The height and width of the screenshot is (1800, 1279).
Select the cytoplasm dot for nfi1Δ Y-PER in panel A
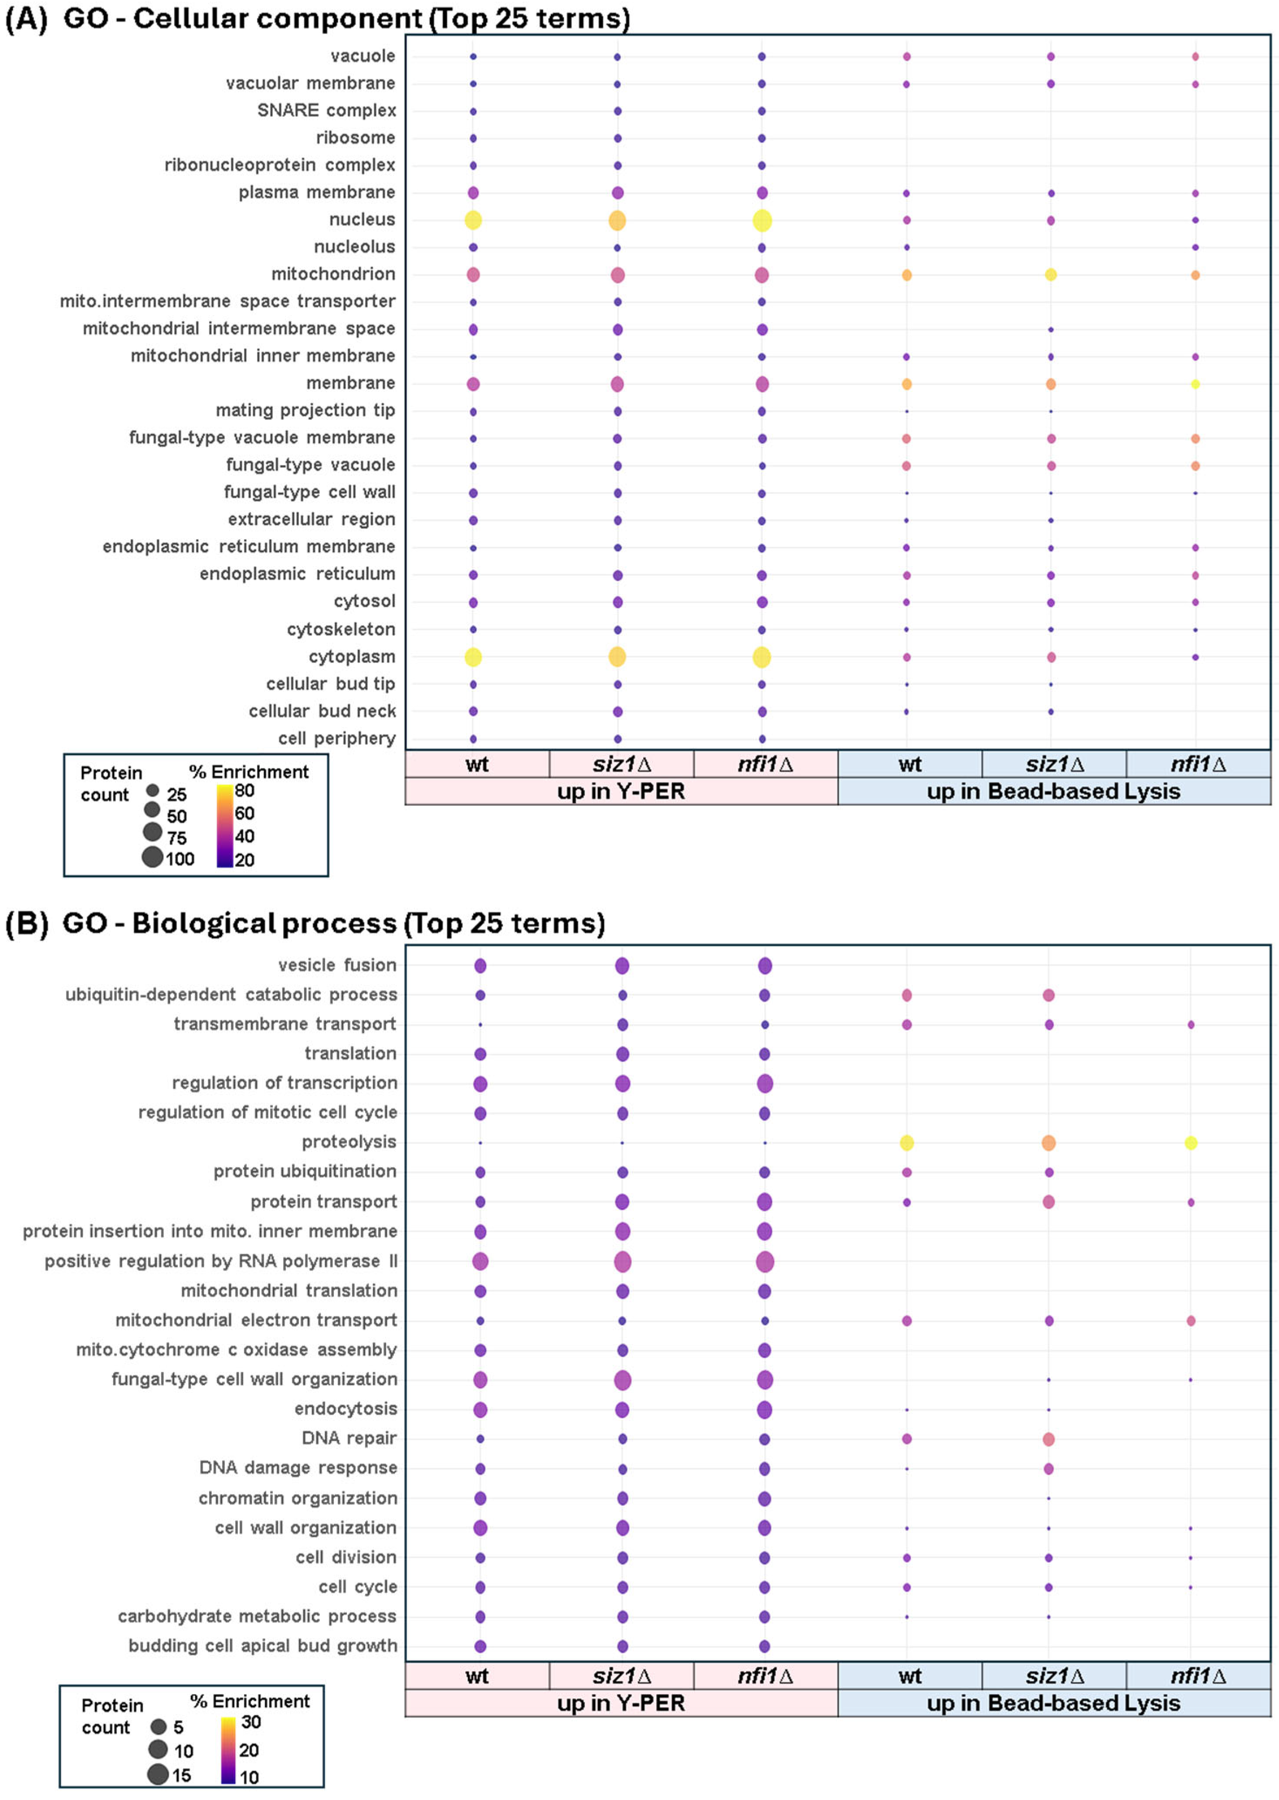(x=762, y=657)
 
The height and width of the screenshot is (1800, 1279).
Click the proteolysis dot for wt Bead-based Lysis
(x=906, y=1142)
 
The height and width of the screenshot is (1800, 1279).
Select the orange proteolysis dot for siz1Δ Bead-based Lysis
(x=1048, y=1142)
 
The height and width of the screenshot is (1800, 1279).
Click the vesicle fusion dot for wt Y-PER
(x=480, y=966)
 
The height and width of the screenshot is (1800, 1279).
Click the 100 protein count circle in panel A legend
(x=153, y=857)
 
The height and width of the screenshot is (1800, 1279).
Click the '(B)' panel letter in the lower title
(x=27, y=923)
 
